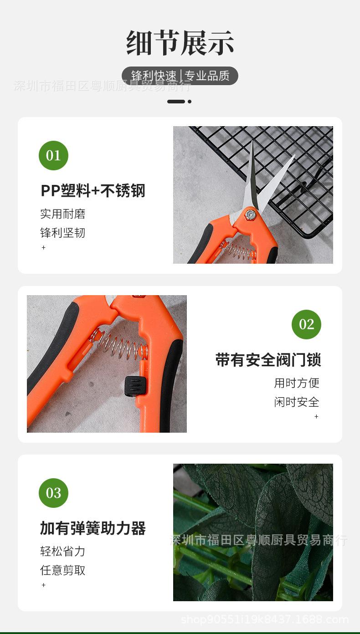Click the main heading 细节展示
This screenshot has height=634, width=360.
click(x=180, y=43)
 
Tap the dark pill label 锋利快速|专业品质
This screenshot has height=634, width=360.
click(x=180, y=76)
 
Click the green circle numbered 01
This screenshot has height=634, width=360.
click(x=53, y=156)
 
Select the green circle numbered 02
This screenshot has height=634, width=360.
click(x=306, y=324)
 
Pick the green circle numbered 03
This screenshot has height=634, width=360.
click(x=53, y=493)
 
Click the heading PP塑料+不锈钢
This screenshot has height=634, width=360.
click(x=93, y=191)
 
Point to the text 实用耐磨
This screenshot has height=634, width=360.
click(x=63, y=214)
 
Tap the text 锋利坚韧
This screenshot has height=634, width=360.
click(x=63, y=233)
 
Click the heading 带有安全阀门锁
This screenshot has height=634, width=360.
click(x=268, y=360)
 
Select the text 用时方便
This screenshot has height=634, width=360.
click(x=297, y=383)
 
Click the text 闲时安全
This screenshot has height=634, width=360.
click(x=297, y=402)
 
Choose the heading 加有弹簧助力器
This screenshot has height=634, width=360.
click(x=93, y=528)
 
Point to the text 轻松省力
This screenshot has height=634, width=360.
click(x=63, y=552)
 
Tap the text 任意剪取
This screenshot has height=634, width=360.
click(x=63, y=570)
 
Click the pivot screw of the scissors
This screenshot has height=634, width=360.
click(x=249, y=215)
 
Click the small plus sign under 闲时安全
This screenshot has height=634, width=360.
click(x=316, y=416)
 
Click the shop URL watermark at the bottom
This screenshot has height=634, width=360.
click(x=264, y=619)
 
